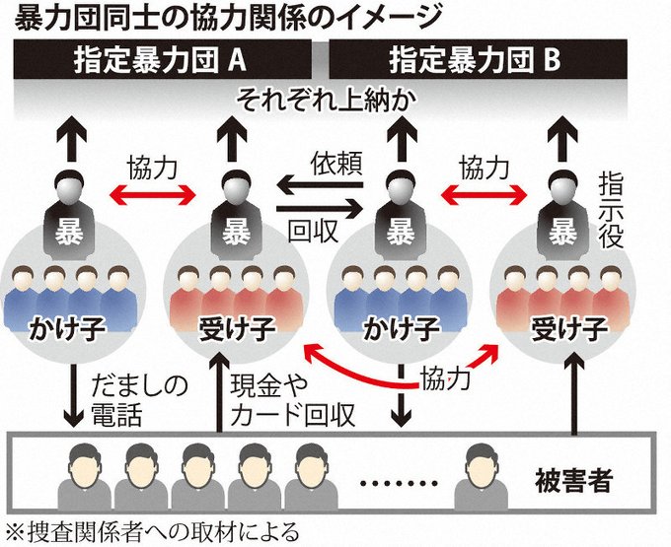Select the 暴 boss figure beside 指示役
pos(562,212)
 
